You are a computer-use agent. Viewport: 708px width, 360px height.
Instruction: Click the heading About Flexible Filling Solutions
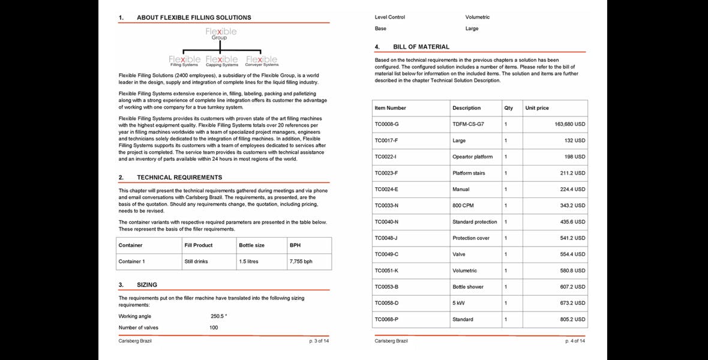[x=193, y=17]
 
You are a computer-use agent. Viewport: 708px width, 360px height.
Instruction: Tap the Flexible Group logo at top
[x=221, y=33]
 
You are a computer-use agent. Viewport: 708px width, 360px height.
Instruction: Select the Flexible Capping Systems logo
[x=221, y=61]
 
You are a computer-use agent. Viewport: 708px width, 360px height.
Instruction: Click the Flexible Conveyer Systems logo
[x=262, y=61]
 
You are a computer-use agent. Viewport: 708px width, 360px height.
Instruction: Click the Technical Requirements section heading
[x=179, y=178]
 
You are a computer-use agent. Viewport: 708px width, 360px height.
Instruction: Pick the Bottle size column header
[x=251, y=245]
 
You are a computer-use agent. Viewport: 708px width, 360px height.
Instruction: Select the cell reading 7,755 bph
[x=301, y=262]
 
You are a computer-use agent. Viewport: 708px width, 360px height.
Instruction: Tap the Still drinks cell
[x=197, y=262]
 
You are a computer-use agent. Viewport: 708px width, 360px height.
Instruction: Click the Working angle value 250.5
[x=218, y=316]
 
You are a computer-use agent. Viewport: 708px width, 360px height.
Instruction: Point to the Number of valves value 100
[x=214, y=328]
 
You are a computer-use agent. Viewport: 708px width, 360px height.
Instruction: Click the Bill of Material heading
[x=421, y=47]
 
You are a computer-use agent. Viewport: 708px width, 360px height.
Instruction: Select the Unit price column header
[x=537, y=108]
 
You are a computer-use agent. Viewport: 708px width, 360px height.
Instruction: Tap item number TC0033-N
[x=386, y=205]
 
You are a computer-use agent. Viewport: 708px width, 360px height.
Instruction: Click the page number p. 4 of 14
[x=574, y=341]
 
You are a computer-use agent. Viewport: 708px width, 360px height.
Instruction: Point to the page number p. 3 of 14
[x=319, y=341]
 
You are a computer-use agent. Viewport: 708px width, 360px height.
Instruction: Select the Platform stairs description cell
[x=469, y=173]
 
